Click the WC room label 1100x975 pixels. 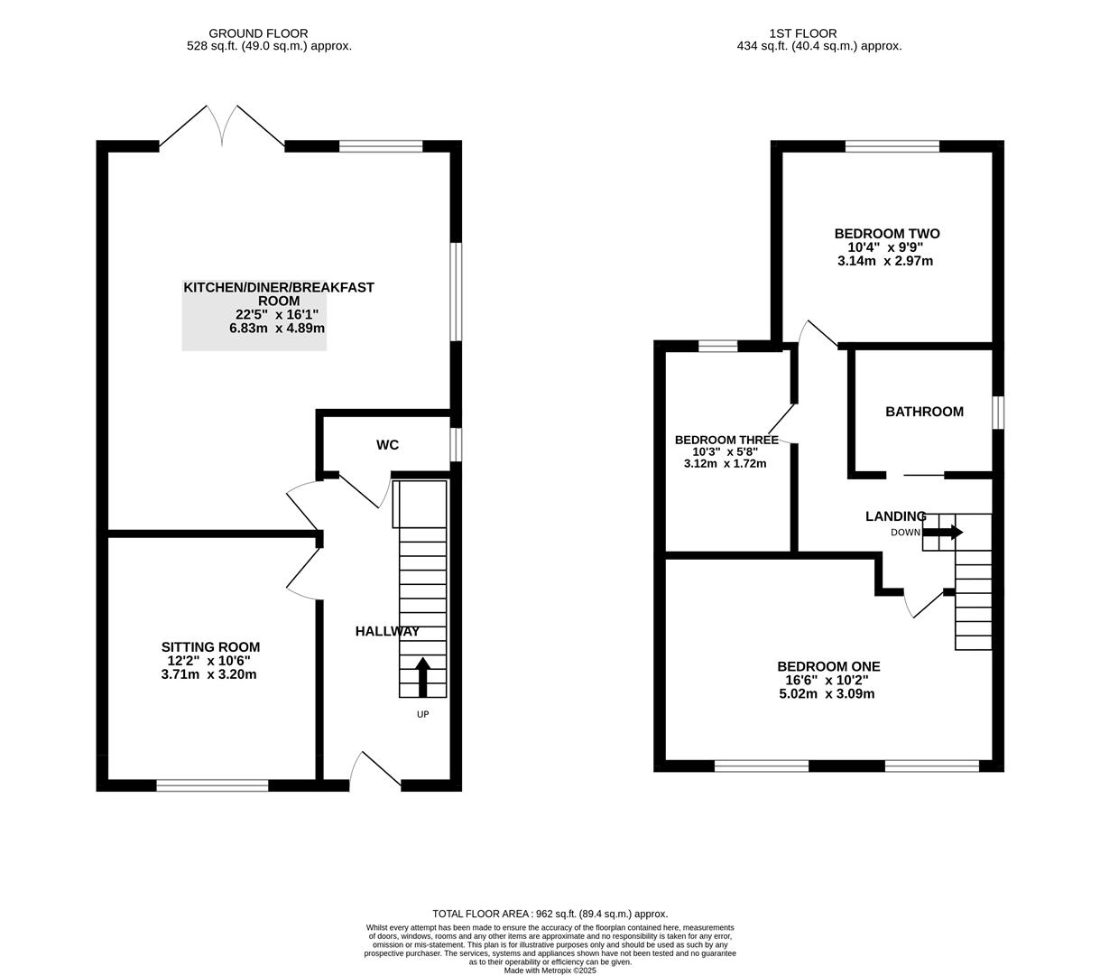[x=387, y=445]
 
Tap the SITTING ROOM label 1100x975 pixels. [x=210, y=647]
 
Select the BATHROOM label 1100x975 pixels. [x=924, y=412]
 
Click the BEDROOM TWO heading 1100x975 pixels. [x=886, y=234]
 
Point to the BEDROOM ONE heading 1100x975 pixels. [x=828, y=667]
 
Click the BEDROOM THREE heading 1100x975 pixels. [x=726, y=441]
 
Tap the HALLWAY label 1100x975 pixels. [x=387, y=632]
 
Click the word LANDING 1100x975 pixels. [x=895, y=516]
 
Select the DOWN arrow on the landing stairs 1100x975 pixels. [x=943, y=533]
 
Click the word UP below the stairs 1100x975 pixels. [x=422, y=714]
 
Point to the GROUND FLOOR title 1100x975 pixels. [x=258, y=33]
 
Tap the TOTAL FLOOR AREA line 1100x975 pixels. [x=550, y=914]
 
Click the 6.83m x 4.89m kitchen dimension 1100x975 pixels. [x=276, y=329]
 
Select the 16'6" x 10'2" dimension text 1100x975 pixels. [x=822, y=681]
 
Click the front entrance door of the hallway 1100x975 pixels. [x=375, y=772]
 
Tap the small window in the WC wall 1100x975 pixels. [x=456, y=445]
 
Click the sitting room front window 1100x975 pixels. [x=212, y=785]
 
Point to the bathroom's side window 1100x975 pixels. [x=997, y=413]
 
